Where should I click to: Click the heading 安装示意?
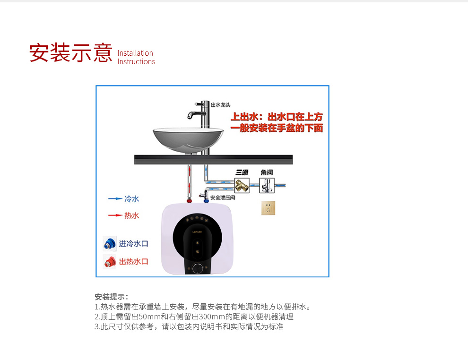pos(71,53)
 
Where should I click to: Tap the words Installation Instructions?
pos(136,57)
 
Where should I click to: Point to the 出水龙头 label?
pos(221,105)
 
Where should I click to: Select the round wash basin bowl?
pos(188,140)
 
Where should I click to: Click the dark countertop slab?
pos(213,160)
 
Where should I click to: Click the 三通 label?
pos(242,172)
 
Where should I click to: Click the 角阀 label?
pos(267,172)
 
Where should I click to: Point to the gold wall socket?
pos(268,208)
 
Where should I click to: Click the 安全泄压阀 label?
pos(223,197)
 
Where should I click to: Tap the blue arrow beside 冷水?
pos(115,198)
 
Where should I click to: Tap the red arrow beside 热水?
pos(115,215)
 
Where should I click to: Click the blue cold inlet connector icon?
pos(110,244)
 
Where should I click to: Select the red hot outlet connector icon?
pos(110,262)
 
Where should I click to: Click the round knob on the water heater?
pos(198,268)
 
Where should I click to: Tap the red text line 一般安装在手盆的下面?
pos(277,128)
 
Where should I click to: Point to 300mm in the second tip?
pos(212,317)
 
